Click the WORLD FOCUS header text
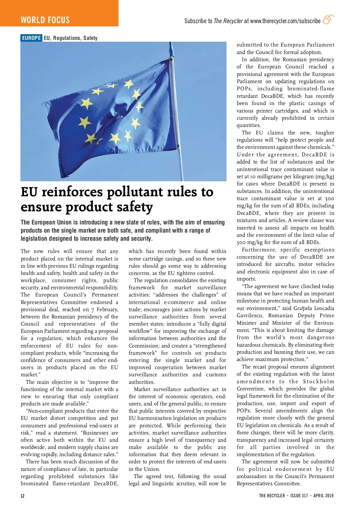[x=45, y=20]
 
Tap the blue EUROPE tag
[x=31, y=38]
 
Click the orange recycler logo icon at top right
[x=328, y=20]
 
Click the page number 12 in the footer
[x=22, y=495]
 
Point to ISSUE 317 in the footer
[x=299, y=495]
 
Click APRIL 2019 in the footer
[x=323, y=495]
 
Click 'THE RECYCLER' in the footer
[x=272, y=495]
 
